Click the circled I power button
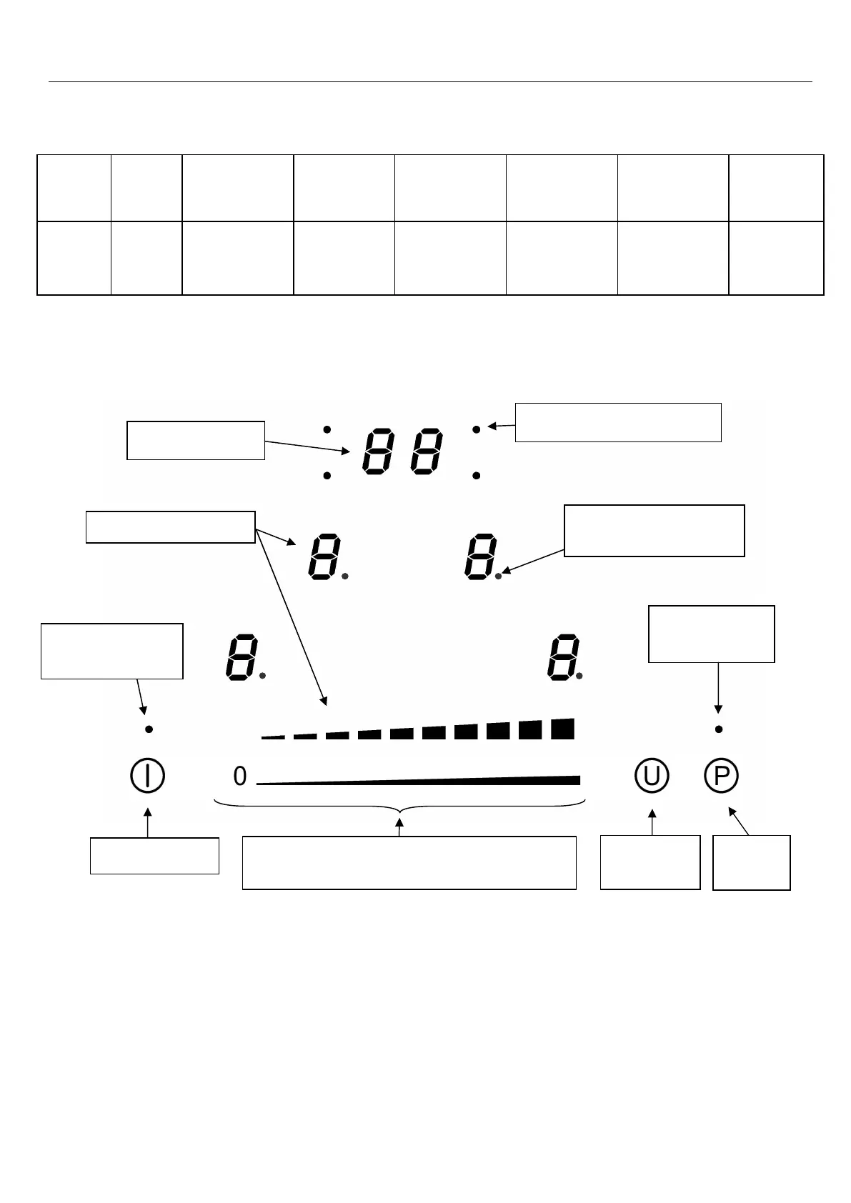point(148,776)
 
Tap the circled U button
point(652,776)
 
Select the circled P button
point(721,776)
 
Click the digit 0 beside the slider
point(240,777)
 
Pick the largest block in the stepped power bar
point(563,729)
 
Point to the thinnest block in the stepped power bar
point(272,737)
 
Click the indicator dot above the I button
point(149,729)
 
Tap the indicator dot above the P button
point(719,729)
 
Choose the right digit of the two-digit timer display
point(426,451)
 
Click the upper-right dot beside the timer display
point(477,429)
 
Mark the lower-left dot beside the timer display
point(327,476)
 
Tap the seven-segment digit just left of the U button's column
point(563,657)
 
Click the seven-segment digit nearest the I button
point(241,657)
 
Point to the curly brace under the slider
point(399,809)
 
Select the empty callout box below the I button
point(154,856)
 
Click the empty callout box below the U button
point(650,862)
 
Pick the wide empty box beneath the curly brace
point(409,863)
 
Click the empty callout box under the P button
point(752,863)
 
